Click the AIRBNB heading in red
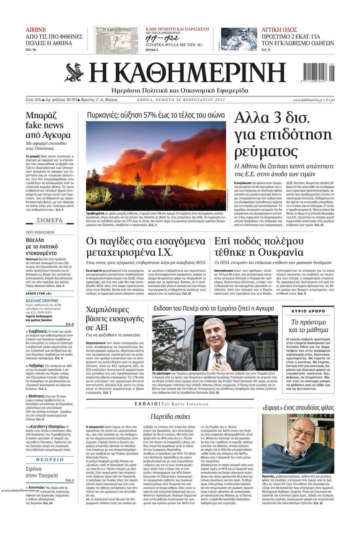point(36,30)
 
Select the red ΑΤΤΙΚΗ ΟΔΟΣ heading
point(279,30)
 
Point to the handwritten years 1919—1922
point(162,38)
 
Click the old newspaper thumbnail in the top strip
point(117,39)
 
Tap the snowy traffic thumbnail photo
point(239,39)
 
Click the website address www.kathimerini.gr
point(307,100)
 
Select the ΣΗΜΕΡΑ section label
point(49,220)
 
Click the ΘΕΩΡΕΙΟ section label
point(49,459)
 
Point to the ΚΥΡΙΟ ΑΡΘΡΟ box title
point(308,311)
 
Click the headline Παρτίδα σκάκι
point(170,416)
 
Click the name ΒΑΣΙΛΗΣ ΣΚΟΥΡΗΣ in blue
point(42,300)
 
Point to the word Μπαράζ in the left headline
point(41,115)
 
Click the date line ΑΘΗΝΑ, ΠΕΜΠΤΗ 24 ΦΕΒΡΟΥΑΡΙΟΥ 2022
point(181,100)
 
